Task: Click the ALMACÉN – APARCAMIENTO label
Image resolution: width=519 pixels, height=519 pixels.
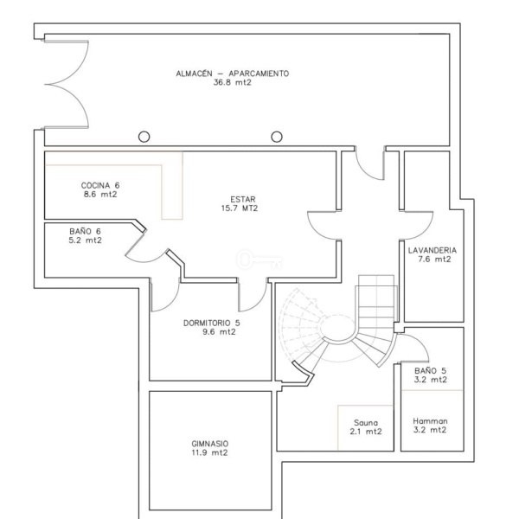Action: click(233, 74)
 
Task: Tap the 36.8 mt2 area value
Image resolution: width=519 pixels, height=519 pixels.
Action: click(233, 82)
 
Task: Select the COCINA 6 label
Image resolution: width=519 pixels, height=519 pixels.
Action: click(100, 185)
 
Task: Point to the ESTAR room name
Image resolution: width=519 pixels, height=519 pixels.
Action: click(243, 199)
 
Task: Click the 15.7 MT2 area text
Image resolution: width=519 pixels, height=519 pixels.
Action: click(240, 208)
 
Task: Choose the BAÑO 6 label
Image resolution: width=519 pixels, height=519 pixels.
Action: click(85, 231)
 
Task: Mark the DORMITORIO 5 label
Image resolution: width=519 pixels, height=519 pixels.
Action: click(212, 323)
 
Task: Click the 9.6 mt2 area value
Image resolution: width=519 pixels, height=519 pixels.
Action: click(219, 331)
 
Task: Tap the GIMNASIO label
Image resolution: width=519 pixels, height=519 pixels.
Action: click(210, 444)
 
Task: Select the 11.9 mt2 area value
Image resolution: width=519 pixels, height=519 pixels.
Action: click(210, 452)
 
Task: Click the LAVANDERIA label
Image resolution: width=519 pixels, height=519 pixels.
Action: click(432, 250)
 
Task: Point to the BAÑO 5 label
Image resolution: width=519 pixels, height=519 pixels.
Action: click(430, 371)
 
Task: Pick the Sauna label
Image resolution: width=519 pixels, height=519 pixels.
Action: click(366, 423)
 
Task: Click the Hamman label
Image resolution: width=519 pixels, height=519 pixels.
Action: click(430, 421)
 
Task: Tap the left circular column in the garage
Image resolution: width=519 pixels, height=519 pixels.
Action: click(144, 137)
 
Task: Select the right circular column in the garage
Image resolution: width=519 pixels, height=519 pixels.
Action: click(277, 137)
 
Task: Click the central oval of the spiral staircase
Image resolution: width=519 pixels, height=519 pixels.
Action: click(337, 329)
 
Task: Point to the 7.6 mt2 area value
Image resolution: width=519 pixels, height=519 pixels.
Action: click(434, 259)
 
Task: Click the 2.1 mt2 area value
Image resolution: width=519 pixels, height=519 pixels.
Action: click(366, 432)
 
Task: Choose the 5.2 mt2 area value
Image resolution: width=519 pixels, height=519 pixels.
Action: click(85, 240)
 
